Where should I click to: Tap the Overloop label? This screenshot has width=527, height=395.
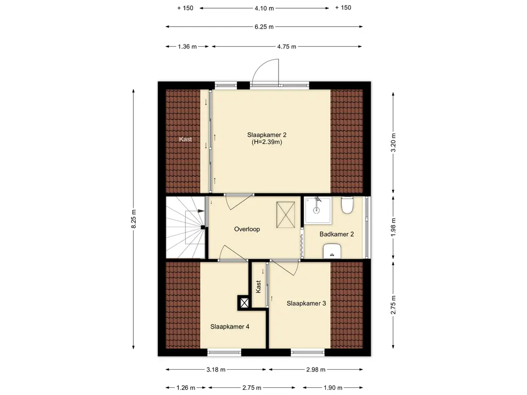247,229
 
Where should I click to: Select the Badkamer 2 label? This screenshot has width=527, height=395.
337,235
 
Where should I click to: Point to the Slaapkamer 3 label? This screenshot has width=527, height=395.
306,303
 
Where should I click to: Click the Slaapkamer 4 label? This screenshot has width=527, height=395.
230,327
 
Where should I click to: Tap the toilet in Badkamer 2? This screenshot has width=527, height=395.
347,205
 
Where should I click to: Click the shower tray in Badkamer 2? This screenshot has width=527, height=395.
318,210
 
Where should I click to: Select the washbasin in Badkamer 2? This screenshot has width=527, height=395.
332,251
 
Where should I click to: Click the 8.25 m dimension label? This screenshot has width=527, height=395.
134,219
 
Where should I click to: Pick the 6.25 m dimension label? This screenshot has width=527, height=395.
264,27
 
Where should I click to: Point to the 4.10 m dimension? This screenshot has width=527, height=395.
264,8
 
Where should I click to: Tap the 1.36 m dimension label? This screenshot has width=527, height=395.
187,47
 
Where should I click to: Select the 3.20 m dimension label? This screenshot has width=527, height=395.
393,143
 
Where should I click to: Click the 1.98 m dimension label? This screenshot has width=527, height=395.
393,227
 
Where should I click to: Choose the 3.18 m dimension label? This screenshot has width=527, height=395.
216,370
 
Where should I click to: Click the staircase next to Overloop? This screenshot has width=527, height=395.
185,227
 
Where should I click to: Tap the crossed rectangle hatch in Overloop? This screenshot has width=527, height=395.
286,214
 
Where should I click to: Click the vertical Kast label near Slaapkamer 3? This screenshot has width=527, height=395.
258,286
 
